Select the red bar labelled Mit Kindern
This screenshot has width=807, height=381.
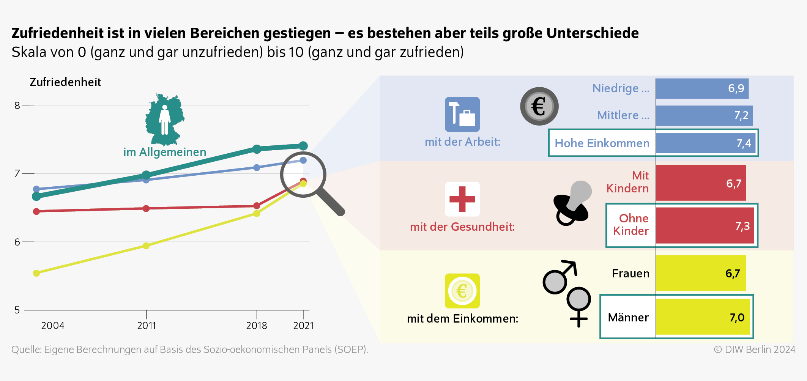click(700, 183)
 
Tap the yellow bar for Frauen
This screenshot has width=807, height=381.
click(700, 273)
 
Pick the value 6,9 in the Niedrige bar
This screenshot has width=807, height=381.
click(736, 88)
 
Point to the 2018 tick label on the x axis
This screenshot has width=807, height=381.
click(256, 326)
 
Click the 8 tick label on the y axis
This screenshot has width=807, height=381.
click(17, 105)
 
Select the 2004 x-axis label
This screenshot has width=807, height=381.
click(52, 326)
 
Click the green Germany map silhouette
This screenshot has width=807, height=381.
click(164, 119)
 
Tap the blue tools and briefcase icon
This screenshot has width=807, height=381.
click(462, 114)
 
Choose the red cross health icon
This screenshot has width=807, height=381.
click(462, 199)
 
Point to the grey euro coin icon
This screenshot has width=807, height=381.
click(539, 106)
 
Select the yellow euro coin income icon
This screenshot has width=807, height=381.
click(462, 291)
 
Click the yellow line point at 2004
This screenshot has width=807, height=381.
click(36, 273)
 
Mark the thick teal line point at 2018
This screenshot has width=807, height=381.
click(257, 149)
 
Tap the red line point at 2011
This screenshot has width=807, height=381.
click(146, 208)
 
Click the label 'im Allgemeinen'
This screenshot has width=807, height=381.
click(165, 152)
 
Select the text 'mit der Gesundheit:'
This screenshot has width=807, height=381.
click(462, 227)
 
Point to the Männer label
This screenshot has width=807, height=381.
click(628, 318)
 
